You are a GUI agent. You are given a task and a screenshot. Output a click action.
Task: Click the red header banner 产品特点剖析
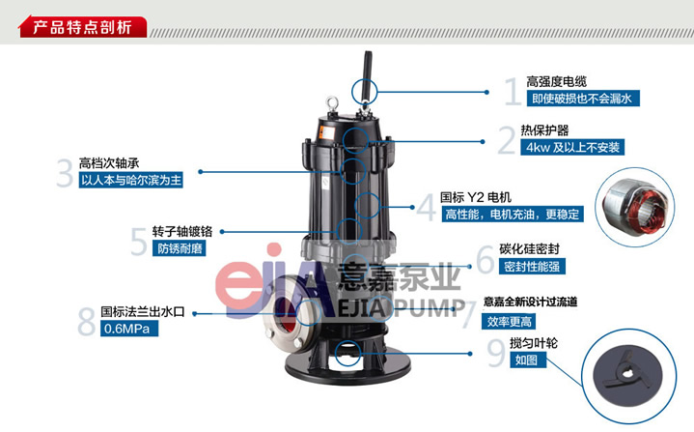(83, 27)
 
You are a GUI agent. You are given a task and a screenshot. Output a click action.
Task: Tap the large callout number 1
(513, 91)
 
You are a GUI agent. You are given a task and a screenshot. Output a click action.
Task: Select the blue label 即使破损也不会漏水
(583, 99)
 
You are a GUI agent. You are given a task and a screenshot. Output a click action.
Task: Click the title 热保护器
(544, 130)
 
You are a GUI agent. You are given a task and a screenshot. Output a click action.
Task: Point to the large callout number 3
(65, 173)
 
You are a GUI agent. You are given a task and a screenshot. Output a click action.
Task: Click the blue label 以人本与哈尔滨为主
(131, 181)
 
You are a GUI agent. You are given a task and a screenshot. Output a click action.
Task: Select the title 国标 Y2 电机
(476, 197)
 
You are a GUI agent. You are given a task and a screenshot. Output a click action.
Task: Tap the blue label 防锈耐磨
(180, 248)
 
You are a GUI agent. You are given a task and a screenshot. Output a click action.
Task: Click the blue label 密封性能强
(532, 267)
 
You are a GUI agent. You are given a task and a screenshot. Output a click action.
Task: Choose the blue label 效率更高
(509, 321)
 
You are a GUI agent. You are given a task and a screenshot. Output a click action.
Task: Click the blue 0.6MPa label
(129, 329)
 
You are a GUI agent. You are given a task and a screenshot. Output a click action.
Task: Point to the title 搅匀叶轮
(534, 342)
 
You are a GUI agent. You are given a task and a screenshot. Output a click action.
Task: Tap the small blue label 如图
(528, 360)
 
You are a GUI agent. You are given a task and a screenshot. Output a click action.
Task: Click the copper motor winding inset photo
(635, 207)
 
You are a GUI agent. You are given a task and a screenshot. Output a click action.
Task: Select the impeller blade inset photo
(628, 376)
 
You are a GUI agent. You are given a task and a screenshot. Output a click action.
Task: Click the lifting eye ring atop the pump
(332, 103)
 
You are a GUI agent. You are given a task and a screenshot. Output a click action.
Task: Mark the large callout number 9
(496, 353)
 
